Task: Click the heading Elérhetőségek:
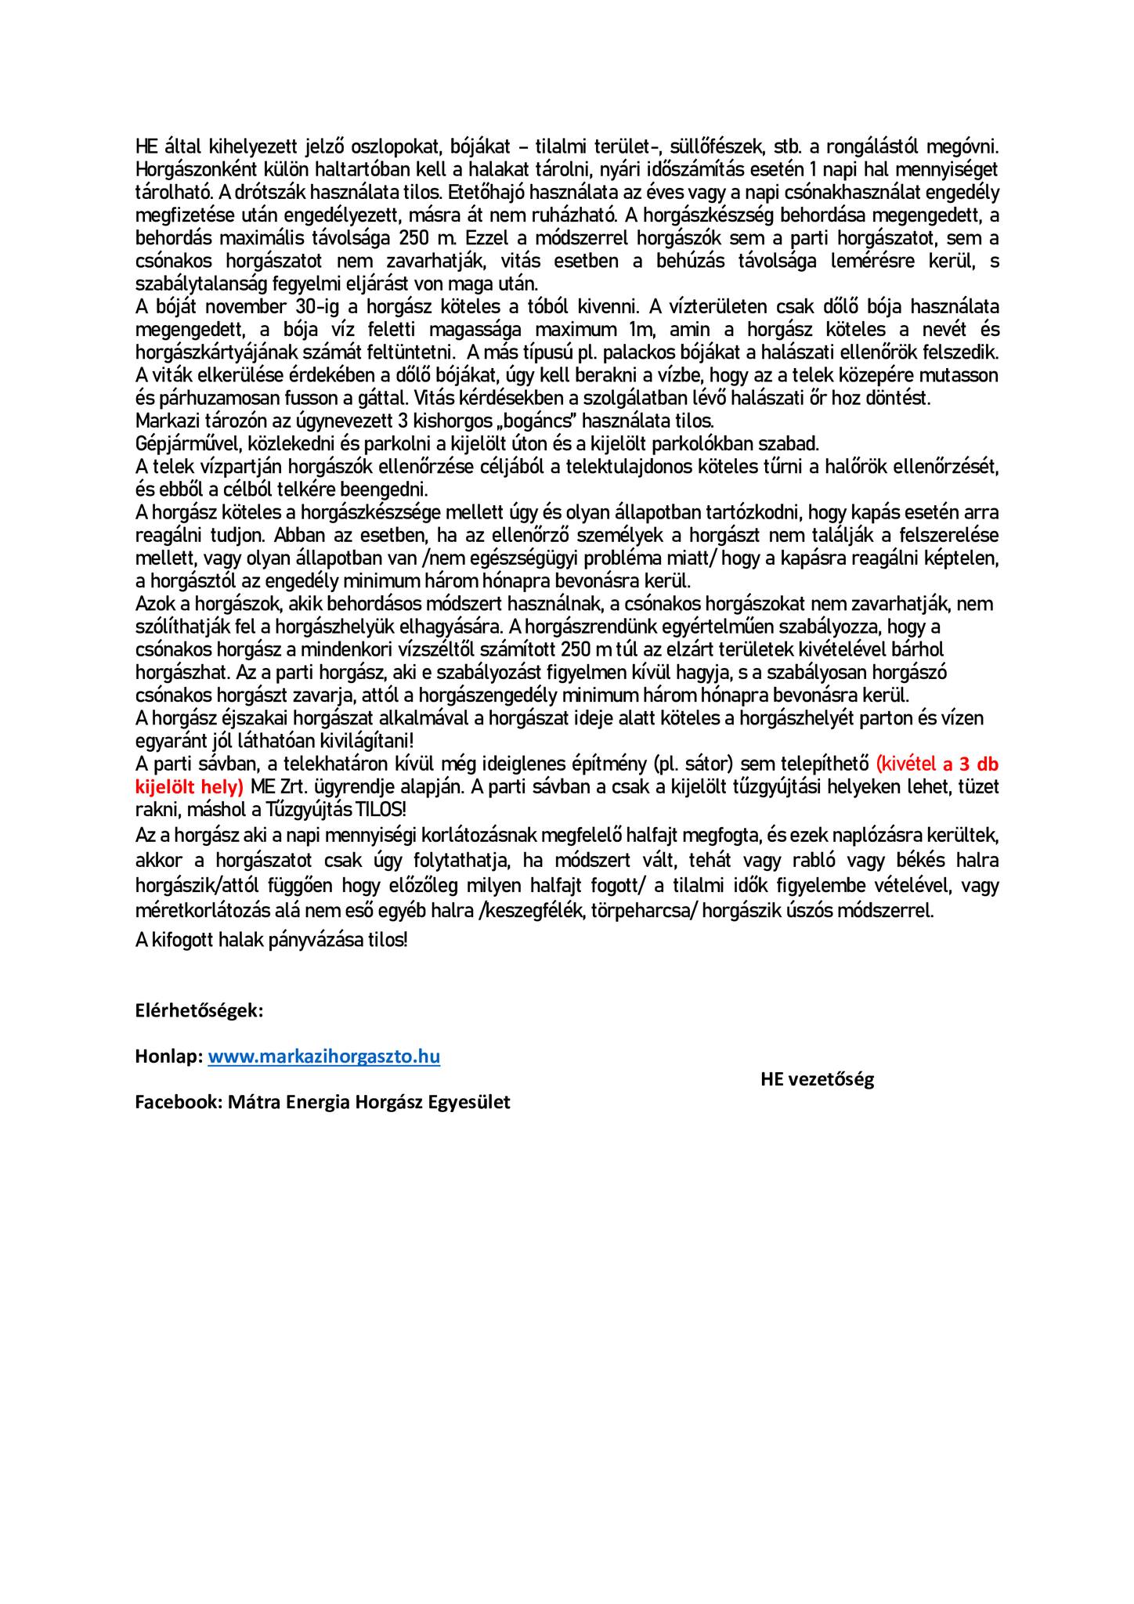[x=199, y=1010]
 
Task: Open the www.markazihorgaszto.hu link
[x=323, y=1057]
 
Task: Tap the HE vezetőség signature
[x=817, y=1079]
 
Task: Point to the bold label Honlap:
[x=168, y=1057]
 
